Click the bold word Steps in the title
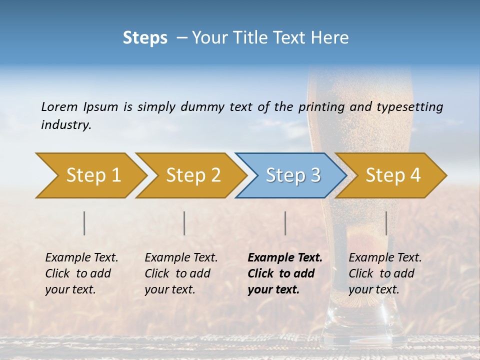tap(145, 38)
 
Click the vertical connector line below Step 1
tap(84, 223)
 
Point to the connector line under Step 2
tap(184, 223)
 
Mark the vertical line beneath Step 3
tap(285, 223)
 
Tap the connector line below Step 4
tap(386, 223)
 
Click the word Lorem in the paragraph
tap(59, 107)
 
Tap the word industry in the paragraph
tap(65, 125)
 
